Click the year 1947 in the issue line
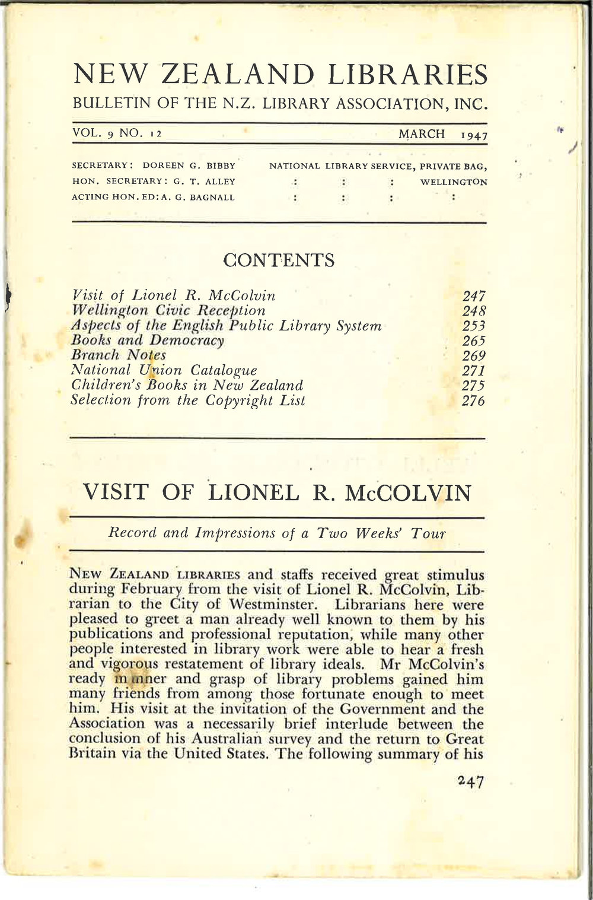[x=474, y=135]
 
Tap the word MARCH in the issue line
[x=422, y=134]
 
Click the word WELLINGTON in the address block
[x=454, y=182]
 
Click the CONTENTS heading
[x=279, y=260]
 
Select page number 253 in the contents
[x=473, y=326]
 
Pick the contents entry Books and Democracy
[x=148, y=341]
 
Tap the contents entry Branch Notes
[x=119, y=355]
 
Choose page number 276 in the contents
[x=473, y=401]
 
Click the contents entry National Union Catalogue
[x=164, y=370]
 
